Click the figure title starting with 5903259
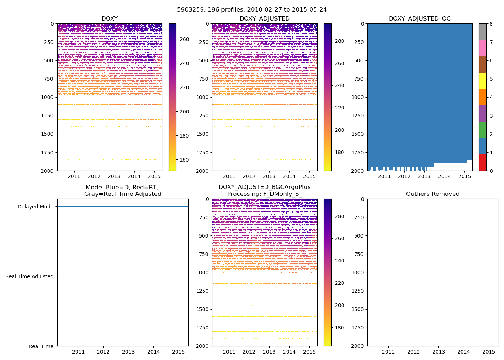(x=252, y=10)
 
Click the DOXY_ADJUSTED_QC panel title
(x=419, y=19)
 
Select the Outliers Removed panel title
(x=432, y=194)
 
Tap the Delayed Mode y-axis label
(x=35, y=207)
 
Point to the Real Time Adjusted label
(x=30, y=276)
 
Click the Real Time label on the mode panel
(x=41, y=346)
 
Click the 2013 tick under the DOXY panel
(x=114, y=176)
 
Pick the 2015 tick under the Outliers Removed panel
(x=489, y=352)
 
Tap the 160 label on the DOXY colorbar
(x=184, y=160)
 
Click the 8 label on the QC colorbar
(x=491, y=24)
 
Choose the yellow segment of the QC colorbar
(x=482, y=81)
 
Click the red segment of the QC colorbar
(x=482, y=163)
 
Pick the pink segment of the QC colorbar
(x=482, y=48)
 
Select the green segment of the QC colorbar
(x=482, y=130)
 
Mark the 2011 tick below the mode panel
(x=78, y=352)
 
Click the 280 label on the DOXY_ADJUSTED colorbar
(x=339, y=41)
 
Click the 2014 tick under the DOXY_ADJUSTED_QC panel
(x=444, y=176)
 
